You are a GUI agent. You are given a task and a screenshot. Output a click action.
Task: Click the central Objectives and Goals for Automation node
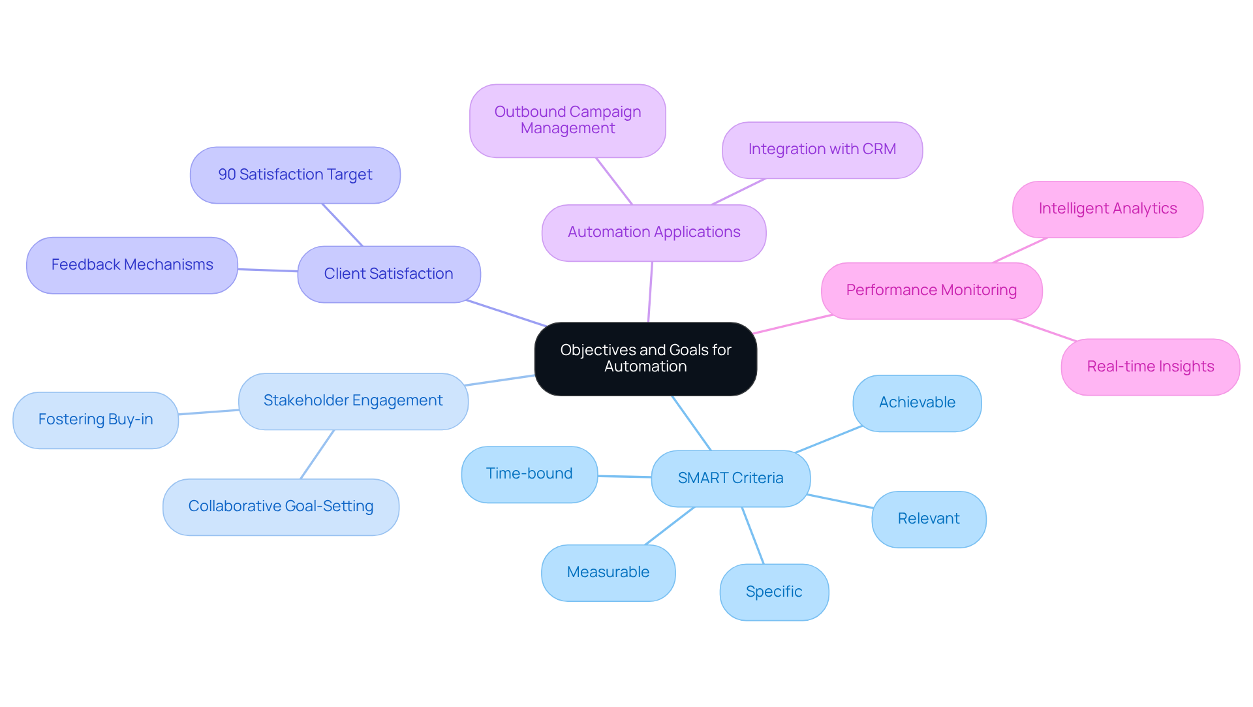(645, 358)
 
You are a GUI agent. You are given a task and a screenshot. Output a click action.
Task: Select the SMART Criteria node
(730, 478)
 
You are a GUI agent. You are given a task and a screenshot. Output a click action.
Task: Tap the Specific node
(774, 591)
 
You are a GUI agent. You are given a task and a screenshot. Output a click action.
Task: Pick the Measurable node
(608, 573)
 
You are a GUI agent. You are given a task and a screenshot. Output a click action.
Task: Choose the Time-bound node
(529, 474)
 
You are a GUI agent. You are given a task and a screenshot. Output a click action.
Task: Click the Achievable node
(917, 403)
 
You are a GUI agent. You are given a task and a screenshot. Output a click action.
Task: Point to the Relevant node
(929, 519)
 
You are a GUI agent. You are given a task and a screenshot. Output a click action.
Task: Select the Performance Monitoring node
(931, 291)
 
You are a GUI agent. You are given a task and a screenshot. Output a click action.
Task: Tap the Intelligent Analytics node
(1107, 209)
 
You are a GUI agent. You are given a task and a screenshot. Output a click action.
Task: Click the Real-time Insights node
(1150, 367)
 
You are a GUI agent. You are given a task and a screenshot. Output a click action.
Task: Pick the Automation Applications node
(654, 232)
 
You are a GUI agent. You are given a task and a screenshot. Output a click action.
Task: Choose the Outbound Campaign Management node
(568, 120)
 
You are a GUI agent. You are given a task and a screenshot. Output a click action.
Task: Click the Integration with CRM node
(822, 149)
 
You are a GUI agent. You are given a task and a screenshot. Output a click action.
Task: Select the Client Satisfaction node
(389, 274)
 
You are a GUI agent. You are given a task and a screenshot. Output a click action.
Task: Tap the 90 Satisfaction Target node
(295, 175)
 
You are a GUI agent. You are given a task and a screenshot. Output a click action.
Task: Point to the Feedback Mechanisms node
(132, 265)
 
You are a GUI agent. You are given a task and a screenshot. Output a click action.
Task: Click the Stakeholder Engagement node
(353, 401)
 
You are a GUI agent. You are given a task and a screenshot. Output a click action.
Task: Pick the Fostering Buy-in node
(95, 420)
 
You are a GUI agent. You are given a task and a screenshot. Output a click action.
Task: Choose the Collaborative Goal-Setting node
(281, 507)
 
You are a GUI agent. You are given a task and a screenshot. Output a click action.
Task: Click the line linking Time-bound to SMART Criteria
(625, 477)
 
